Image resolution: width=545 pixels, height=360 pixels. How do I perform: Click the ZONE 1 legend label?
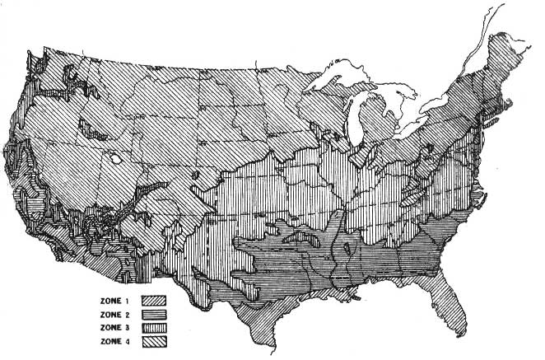[x=116, y=299]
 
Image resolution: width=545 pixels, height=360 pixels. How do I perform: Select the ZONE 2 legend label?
[x=116, y=313]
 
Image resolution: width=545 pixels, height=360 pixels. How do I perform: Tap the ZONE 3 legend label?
[x=116, y=326]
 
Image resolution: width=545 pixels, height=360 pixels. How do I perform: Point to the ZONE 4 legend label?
[x=116, y=339]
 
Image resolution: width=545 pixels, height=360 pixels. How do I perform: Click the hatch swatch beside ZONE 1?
[x=155, y=300]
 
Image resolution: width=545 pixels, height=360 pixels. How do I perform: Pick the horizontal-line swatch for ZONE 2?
[x=155, y=313]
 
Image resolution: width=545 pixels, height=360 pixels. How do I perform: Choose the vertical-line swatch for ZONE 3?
[x=155, y=326]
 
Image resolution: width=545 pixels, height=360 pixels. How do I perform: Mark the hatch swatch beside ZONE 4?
[x=155, y=339]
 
